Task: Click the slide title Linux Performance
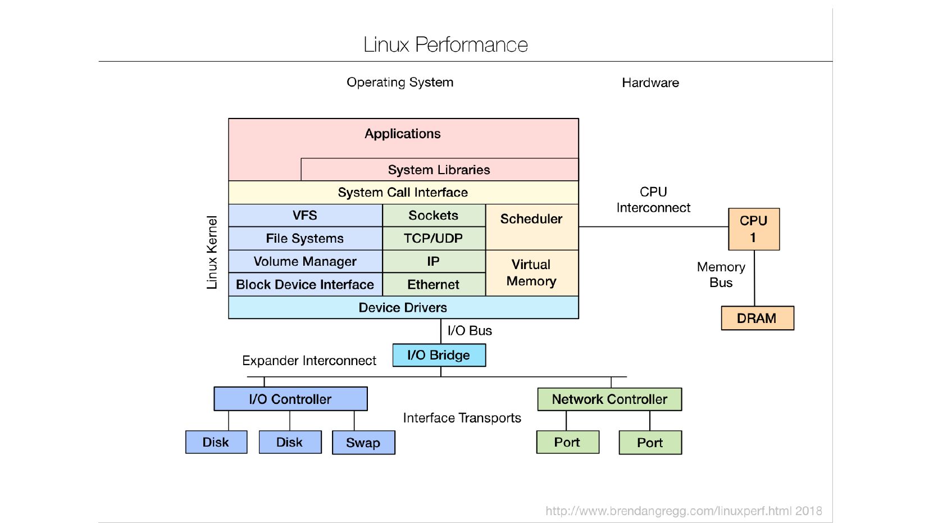[x=445, y=44]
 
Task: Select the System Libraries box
[x=439, y=170]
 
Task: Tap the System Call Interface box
[x=403, y=193]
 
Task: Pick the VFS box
[x=305, y=216]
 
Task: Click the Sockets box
[x=433, y=216]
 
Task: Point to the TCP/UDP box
[x=433, y=239]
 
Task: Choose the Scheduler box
[x=531, y=226]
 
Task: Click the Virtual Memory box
[x=531, y=273]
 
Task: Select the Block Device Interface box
[x=305, y=285]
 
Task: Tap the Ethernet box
[x=433, y=285]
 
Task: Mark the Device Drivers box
[x=403, y=308]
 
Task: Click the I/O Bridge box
[x=439, y=356]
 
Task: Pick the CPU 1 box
[x=753, y=229]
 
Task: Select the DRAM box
[x=757, y=319]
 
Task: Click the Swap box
[x=363, y=443]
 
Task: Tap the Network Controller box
[x=609, y=399]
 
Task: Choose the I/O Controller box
[x=290, y=399]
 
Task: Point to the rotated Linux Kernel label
[x=212, y=253]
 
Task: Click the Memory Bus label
[x=721, y=275]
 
